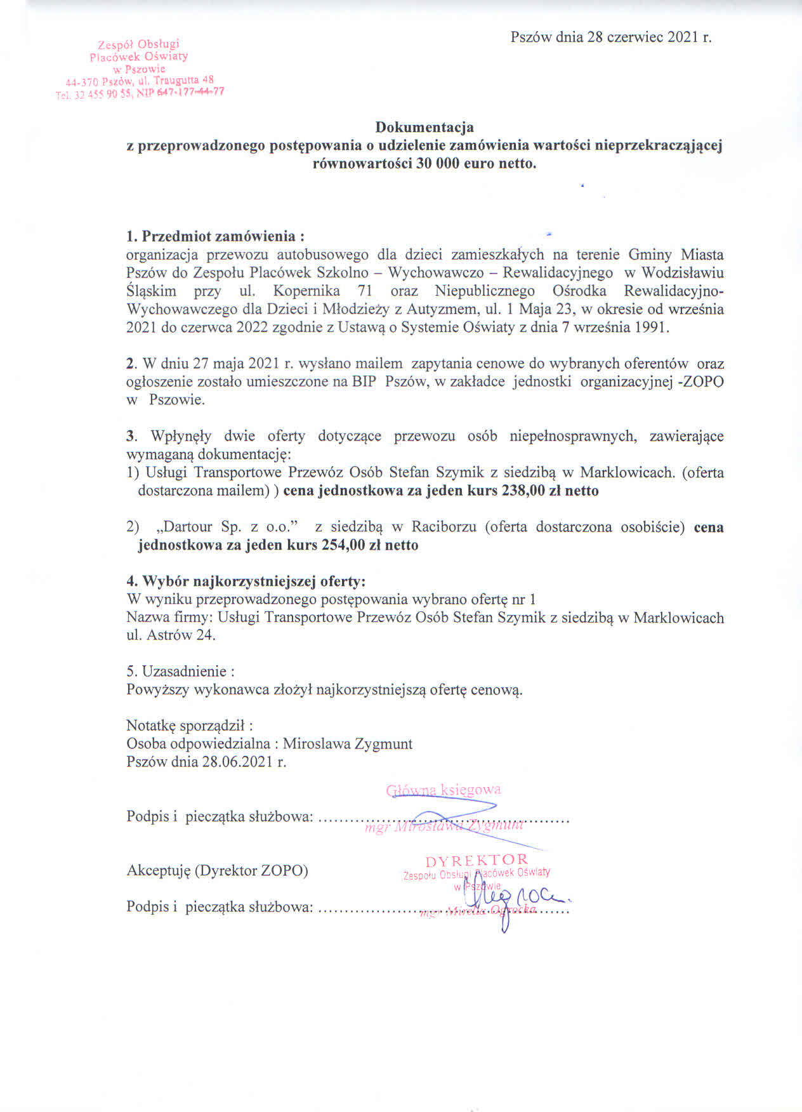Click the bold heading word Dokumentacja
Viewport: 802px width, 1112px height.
coord(424,128)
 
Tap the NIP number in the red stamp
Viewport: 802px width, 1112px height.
coord(189,91)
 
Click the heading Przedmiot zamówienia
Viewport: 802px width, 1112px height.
coord(218,236)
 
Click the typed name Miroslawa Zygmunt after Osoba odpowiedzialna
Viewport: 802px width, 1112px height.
coord(348,744)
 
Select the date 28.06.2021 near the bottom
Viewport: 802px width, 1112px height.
coord(239,762)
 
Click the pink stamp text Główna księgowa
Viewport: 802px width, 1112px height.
coord(444,790)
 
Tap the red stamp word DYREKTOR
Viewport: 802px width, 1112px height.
coord(477,861)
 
